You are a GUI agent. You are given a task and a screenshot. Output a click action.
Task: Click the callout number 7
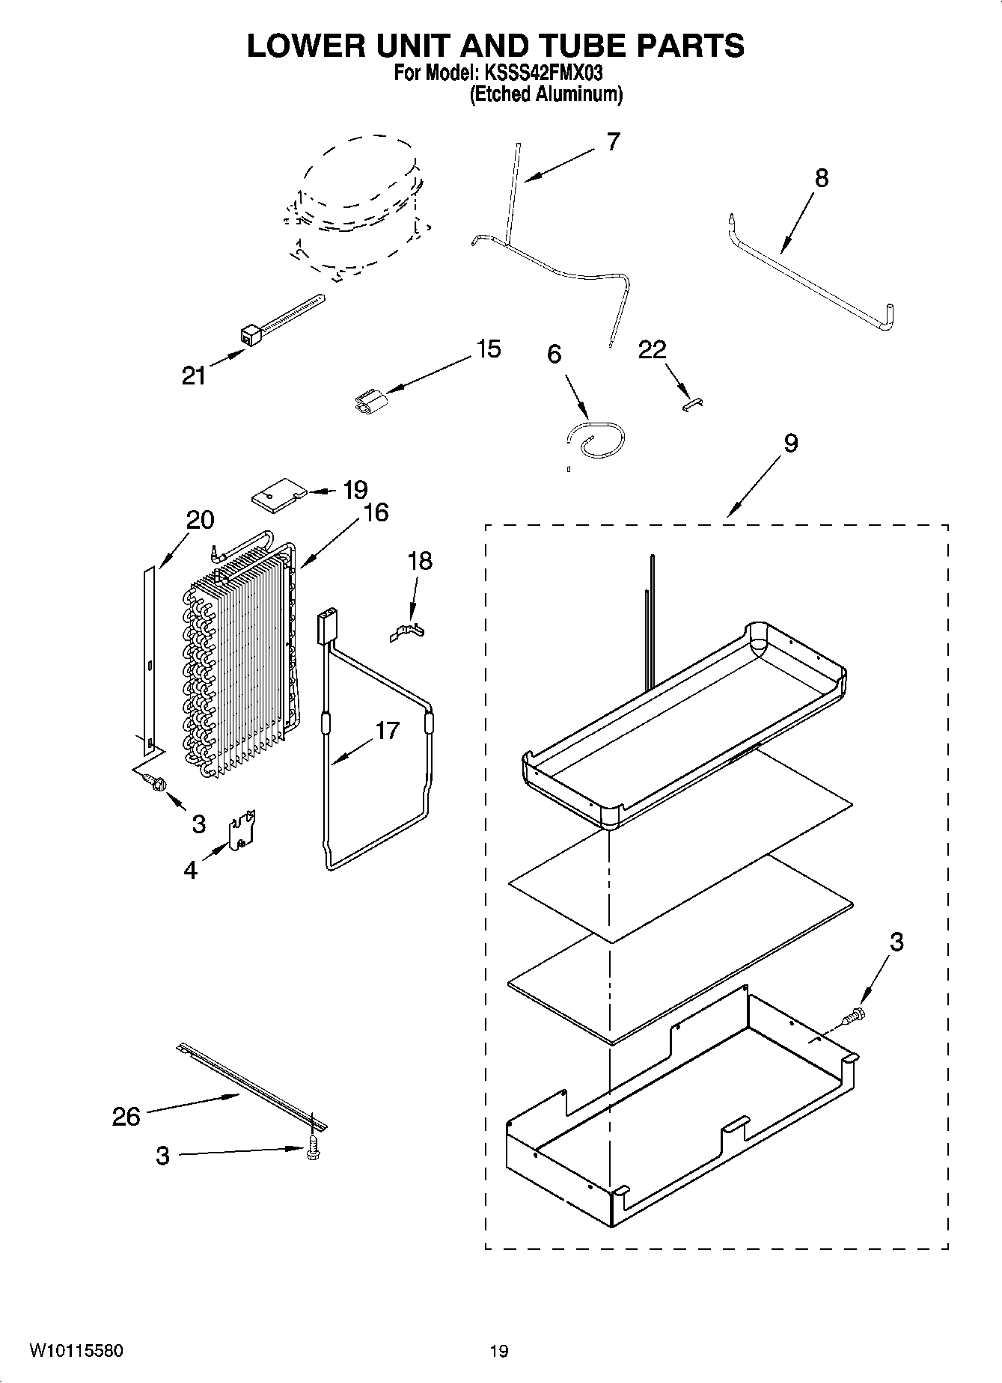[613, 142]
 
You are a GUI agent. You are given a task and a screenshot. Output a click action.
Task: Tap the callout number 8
[822, 179]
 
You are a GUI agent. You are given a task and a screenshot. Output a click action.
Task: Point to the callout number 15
[488, 349]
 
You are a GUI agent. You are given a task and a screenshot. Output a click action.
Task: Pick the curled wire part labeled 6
[595, 441]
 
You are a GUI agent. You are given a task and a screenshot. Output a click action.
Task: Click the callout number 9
[791, 444]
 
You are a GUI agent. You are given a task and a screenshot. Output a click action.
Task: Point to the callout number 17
[387, 731]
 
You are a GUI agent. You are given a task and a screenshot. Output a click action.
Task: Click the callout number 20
[200, 520]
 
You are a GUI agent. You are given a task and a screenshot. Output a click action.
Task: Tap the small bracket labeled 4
[242, 832]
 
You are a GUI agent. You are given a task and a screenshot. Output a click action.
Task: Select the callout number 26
[126, 1117]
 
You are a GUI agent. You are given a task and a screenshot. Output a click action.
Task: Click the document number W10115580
[76, 1351]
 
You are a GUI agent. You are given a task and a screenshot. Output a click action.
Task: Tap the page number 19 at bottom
[499, 1352]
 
